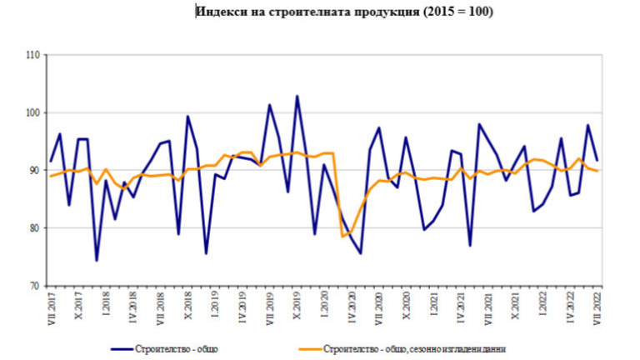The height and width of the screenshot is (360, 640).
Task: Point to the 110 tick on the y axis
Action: (33, 55)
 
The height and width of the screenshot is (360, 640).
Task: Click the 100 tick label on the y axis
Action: (33, 112)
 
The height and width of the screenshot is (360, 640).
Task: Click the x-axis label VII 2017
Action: (51, 310)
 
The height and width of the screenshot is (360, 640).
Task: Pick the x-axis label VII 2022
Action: (597, 310)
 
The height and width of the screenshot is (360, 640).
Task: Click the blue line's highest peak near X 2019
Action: (297, 96)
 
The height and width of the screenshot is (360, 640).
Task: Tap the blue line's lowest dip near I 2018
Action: (97, 261)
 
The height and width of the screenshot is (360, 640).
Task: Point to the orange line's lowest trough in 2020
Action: (342, 237)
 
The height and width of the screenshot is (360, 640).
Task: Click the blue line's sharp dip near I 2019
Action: (206, 253)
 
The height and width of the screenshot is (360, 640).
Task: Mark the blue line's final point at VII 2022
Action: (597, 159)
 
